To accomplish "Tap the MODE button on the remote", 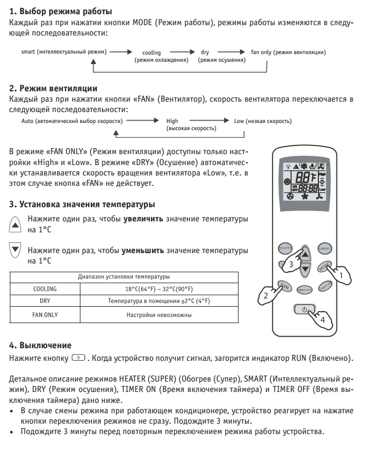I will click(x=324, y=267).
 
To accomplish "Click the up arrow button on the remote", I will click(x=305, y=253).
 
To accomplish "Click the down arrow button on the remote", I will click(x=305, y=267).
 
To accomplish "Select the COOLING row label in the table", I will click(x=45, y=289).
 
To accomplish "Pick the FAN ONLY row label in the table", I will click(x=45, y=315).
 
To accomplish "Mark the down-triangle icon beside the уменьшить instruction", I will click(x=15, y=251).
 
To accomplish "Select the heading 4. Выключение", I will click(x=40, y=345).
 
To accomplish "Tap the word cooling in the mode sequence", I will click(x=151, y=53).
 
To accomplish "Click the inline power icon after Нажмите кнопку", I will click(x=79, y=358).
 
